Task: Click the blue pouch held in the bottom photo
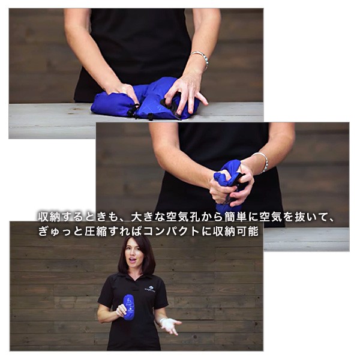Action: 129,307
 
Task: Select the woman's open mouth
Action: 133,260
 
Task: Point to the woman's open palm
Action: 170,325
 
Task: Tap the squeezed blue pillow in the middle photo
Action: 227,186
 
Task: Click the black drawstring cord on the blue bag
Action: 133,110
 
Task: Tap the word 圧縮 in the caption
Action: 96,231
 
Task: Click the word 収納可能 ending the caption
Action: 236,231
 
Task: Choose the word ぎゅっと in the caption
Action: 61,231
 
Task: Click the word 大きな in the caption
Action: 148,217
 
